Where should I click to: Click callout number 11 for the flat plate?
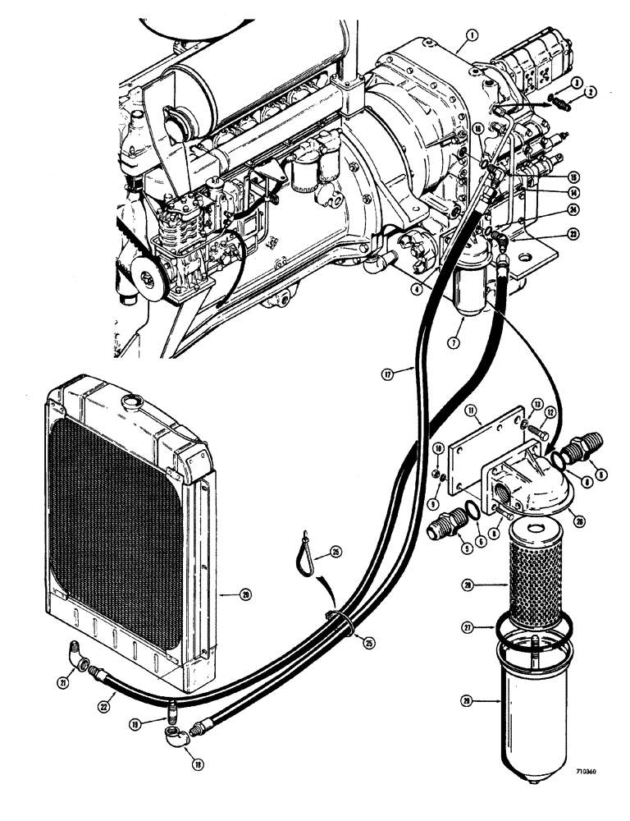point(470,409)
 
